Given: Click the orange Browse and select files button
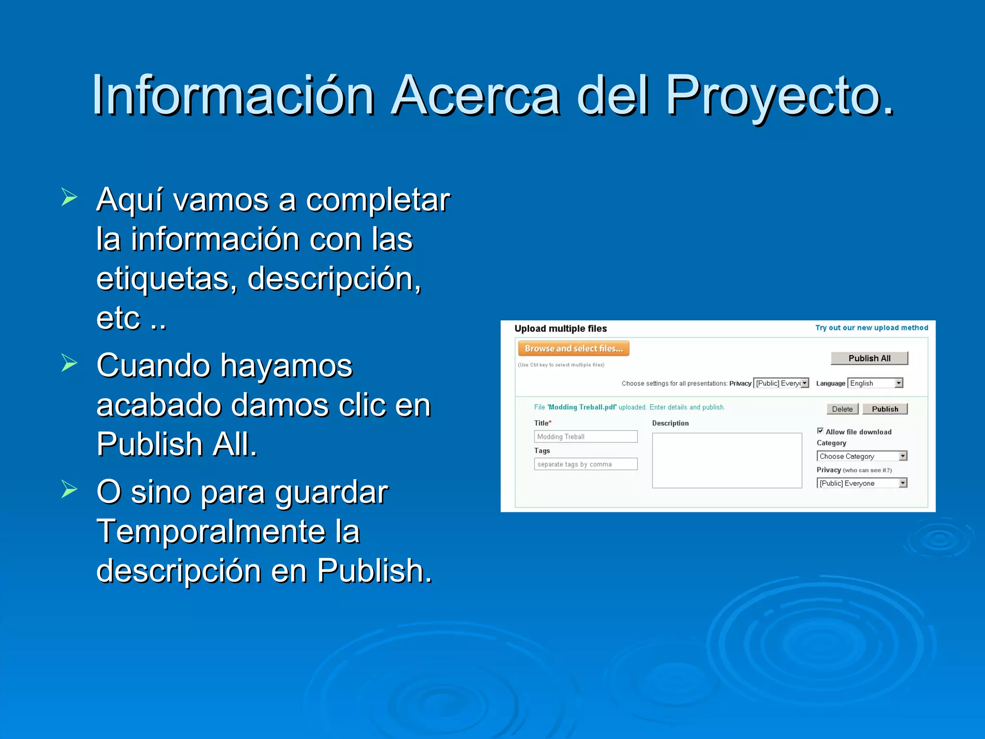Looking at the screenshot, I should click(573, 348).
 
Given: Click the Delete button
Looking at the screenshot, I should click(842, 409).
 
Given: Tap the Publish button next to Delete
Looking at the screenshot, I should click(884, 409).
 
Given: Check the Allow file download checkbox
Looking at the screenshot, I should click(820, 431).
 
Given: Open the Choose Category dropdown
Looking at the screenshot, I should click(861, 456).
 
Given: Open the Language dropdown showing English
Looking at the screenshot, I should click(875, 383).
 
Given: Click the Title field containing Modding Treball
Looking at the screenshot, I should click(585, 436).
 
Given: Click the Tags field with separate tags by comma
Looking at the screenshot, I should click(585, 464).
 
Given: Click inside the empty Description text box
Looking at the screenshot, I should click(727, 460).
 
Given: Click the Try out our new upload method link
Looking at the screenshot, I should click(871, 328).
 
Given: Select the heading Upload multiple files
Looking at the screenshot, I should click(560, 329).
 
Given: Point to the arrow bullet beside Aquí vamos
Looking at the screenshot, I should click(69, 197).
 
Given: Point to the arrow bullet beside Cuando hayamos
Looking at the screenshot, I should click(69, 363).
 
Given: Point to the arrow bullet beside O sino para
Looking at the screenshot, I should click(69, 489).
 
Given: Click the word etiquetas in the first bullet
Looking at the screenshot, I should click(165, 279).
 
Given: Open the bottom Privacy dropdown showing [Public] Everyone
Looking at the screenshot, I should click(861, 483).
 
